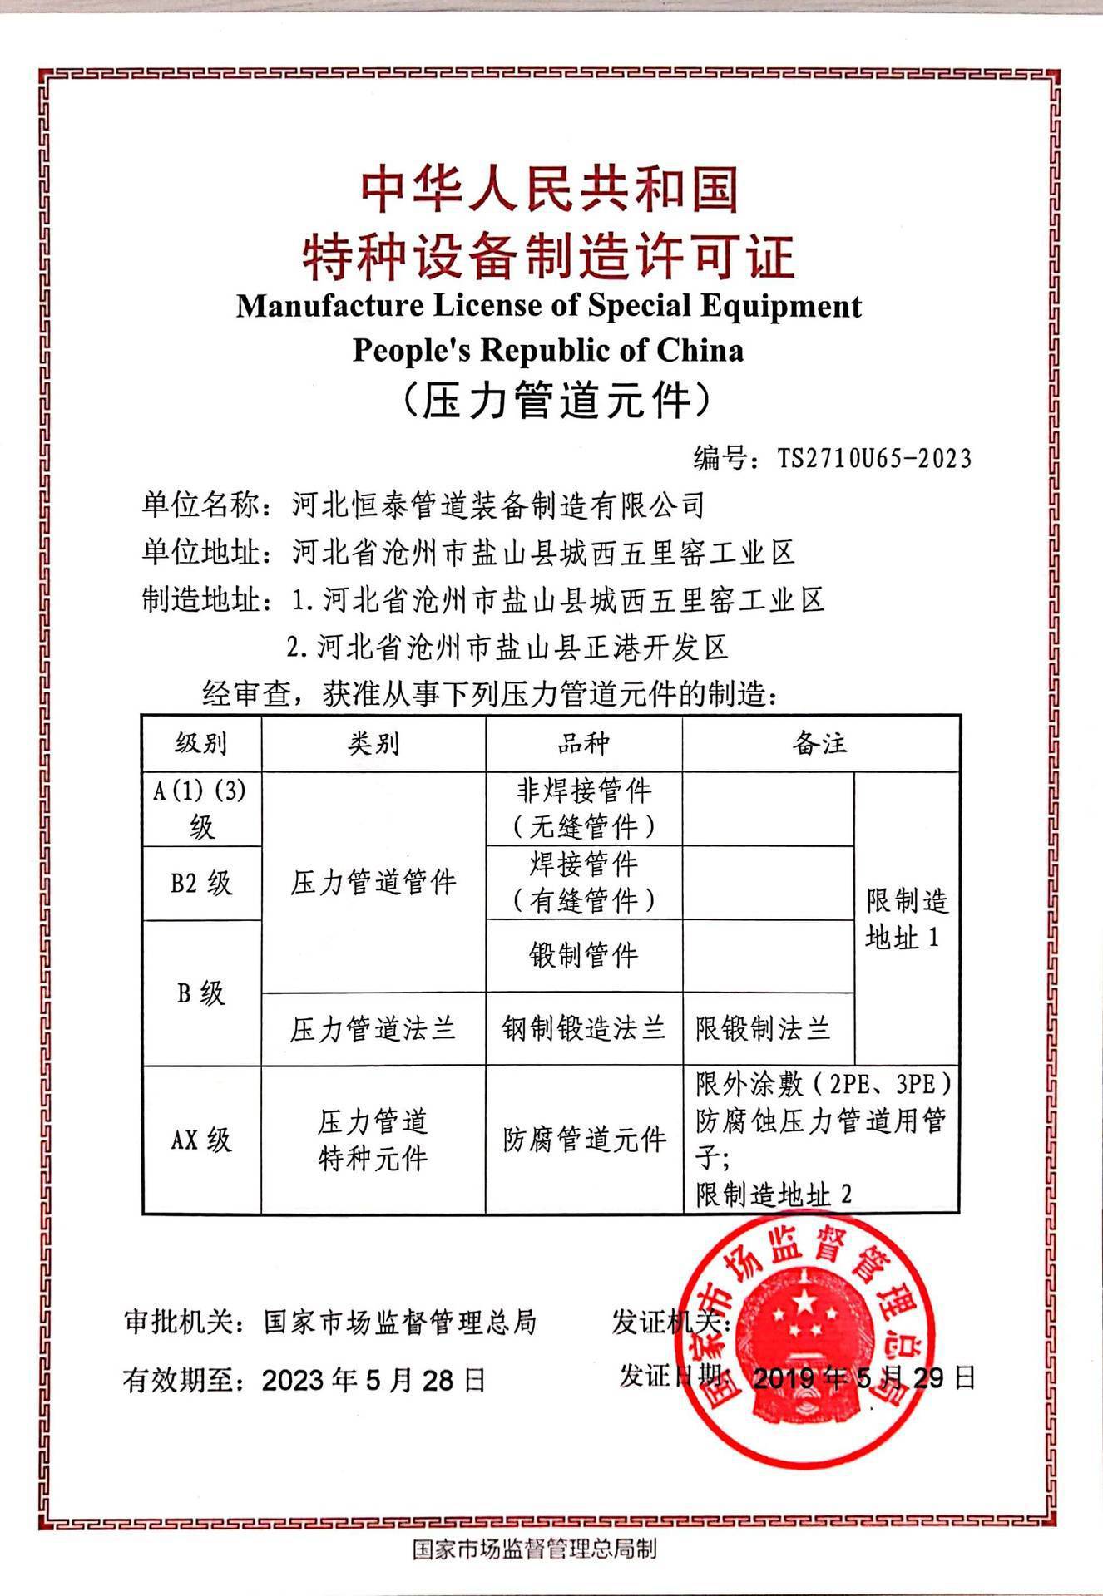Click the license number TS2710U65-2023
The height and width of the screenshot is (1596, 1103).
click(874, 458)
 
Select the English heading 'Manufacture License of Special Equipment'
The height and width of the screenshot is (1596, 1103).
click(549, 306)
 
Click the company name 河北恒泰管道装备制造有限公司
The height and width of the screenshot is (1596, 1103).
click(499, 505)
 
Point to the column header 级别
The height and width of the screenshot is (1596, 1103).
click(201, 743)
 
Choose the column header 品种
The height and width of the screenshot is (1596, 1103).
click(584, 743)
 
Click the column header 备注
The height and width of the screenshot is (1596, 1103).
click(820, 743)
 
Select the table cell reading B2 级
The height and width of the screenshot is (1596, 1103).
click(201, 883)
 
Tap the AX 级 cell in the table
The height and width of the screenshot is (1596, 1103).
click(201, 1139)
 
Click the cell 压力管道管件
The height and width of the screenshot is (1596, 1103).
click(373, 883)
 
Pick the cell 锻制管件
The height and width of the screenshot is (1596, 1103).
click(584, 955)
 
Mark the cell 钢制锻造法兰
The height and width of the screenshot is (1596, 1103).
click(584, 1029)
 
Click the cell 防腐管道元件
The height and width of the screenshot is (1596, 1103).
click(584, 1139)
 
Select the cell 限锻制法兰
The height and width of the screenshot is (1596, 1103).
click(764, 1029)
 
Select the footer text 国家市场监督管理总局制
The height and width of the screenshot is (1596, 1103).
click(535, 1549)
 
